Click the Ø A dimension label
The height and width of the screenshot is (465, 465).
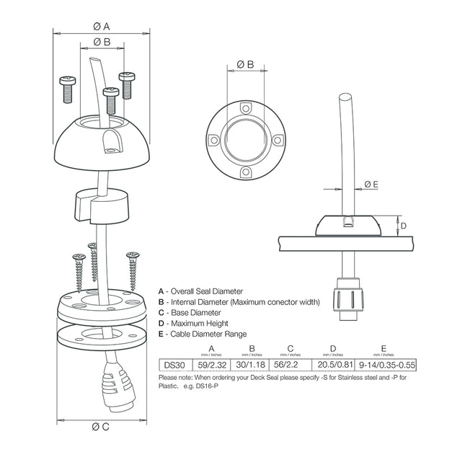[102, 27]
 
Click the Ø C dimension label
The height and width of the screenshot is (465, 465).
[101, 427]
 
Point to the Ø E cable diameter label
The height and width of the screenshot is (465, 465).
[371, 185]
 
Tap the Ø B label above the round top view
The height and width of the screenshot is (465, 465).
[245, 65]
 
